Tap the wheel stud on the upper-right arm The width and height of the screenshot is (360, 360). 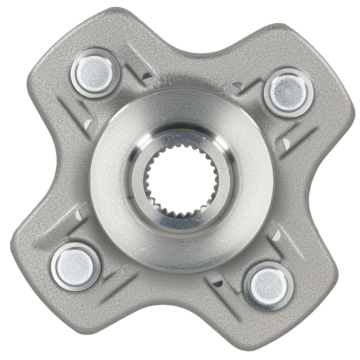click(x=289, y=93)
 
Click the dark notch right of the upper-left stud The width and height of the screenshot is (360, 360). click(x=147, y=76)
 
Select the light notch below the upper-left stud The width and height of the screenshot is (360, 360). click(x=87, y=124)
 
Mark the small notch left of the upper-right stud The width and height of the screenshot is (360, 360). click(x=238, y=85)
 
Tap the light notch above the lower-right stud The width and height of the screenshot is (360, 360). click(x=276, y=235)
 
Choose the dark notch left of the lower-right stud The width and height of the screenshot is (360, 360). click(x=217, y=284)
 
